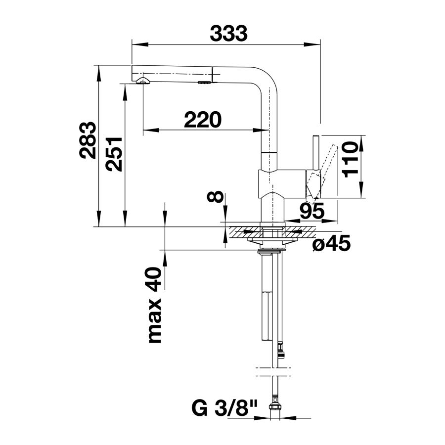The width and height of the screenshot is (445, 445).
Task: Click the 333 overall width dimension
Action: coord(228,33)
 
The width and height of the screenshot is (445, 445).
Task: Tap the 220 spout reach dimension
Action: coord(202,120)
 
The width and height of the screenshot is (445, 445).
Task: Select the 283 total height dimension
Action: coord(87,140)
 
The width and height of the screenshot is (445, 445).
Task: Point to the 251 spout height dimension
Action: coord(114,154)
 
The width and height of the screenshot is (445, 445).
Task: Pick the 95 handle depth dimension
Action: coord(312,211)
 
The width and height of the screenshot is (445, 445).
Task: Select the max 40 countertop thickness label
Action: coord(155,305)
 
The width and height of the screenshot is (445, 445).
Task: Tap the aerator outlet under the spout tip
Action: coord(143,81)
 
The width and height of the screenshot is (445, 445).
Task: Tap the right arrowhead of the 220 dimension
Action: coord(261,130)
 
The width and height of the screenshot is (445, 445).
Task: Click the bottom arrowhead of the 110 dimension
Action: coord(361,189)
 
